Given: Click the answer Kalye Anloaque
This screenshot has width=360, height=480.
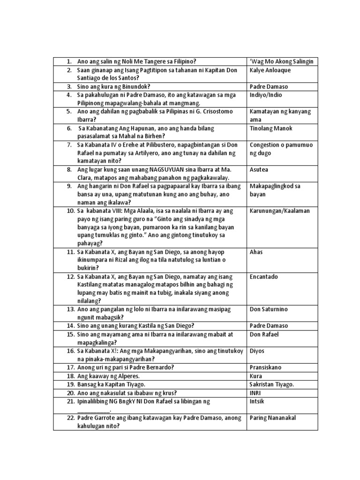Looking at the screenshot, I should [270, 70].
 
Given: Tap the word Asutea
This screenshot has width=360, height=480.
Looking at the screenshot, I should [259, 170].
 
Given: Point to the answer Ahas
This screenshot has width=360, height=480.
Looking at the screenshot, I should [256, 252].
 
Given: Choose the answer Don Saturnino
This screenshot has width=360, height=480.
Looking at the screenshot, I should [270, 309].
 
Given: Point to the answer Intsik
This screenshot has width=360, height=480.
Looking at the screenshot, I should [258, 401].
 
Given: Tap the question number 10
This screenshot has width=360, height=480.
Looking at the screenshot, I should [71, 211].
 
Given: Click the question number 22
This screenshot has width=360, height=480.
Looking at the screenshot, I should [71, 418].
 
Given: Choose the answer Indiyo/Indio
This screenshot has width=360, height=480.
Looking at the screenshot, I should [266, 95].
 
